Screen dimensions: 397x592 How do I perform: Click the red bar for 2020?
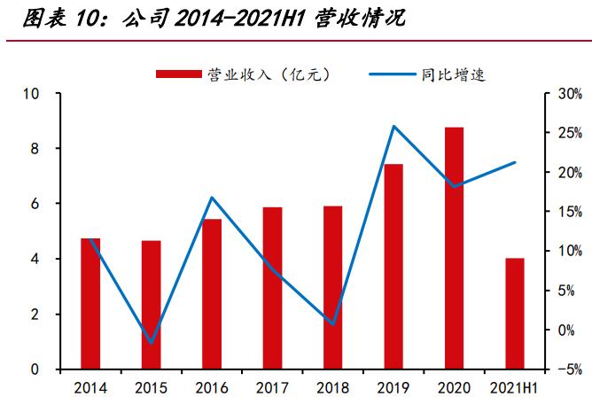454,248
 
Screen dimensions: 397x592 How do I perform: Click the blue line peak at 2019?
393,126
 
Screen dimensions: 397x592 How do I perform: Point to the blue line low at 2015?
151,342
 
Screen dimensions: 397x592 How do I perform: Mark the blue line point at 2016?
212,197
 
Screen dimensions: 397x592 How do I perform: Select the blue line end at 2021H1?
515,162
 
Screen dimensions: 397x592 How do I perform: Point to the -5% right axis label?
568,370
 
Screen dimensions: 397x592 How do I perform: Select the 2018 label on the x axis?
332,387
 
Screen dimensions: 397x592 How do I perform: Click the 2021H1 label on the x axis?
515,387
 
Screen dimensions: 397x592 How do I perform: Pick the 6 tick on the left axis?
35,204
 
